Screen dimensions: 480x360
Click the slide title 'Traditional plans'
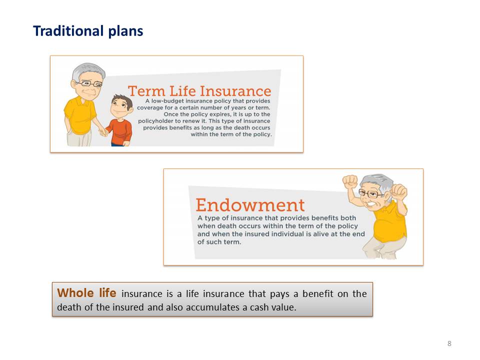coord(88,31)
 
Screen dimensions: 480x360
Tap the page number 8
coord(449,343)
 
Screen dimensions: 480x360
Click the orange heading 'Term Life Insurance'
coord(199,91)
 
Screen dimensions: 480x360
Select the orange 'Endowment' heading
coord(250,205)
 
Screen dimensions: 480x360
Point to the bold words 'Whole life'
coord(86,292)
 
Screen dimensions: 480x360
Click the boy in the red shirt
coord(119,120)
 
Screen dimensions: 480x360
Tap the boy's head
coord(121,106)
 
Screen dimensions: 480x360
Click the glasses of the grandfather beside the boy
coord(89,83)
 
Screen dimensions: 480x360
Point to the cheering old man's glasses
coord(370,193)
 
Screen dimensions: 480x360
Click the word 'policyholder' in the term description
coord(156,121)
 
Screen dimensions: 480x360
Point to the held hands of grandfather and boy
coord(103,132)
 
